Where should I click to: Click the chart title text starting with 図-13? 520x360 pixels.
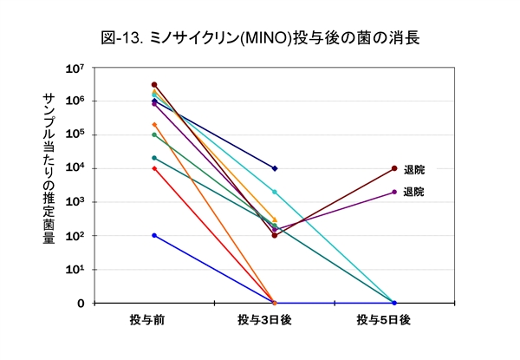[260, 38]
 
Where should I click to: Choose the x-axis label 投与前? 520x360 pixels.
[154, 321]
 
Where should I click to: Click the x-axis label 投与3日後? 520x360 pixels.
[273, 321]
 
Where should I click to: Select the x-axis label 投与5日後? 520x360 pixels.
[393, 321]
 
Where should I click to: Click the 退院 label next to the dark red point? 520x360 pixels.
[414, 169]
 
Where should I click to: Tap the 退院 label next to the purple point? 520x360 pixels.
[414, 192]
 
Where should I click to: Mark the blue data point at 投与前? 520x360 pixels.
[154, 235]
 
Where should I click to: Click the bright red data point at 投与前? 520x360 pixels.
[154, 168]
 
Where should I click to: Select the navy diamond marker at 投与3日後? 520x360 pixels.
[275, 168]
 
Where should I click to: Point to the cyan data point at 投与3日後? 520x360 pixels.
[275, 192]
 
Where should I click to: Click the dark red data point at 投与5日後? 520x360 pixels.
[394, 168]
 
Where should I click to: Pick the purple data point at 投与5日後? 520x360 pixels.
[394, 192]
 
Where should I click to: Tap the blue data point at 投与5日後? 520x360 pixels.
[394, 303]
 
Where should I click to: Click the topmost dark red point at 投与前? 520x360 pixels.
[154, 84]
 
